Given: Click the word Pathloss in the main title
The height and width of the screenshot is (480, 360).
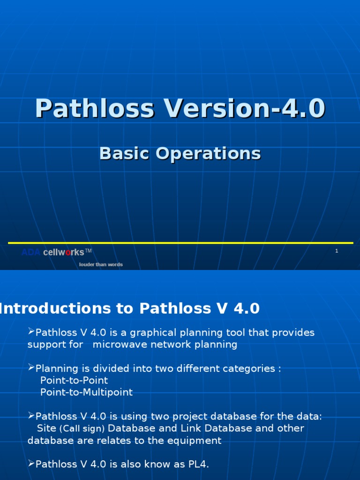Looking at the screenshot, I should [94, 108].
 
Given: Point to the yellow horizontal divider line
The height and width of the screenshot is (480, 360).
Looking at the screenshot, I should [180, 243].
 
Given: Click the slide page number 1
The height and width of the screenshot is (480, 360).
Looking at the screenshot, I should [337, 251].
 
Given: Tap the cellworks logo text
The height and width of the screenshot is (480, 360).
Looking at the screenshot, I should [63, 252].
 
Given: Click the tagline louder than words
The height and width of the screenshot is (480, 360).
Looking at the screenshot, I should [101, 264].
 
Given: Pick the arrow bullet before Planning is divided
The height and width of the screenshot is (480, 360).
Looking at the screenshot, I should [31, 368].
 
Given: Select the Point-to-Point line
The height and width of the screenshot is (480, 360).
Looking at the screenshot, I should [74, 380].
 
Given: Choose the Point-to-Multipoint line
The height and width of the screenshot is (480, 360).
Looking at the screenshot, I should [86, 392].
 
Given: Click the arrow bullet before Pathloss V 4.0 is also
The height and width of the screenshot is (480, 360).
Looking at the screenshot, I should [31, 464].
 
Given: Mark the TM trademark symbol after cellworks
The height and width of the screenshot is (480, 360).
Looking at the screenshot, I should [88, 251].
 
